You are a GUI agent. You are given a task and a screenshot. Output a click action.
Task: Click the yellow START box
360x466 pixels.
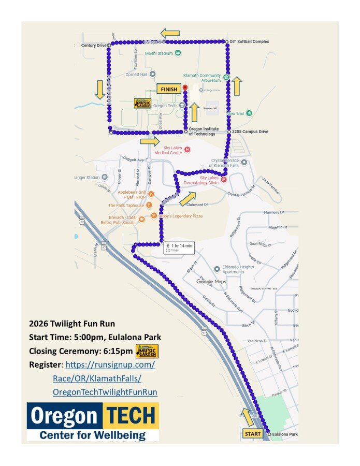pyautogui.click(x=253, y=433)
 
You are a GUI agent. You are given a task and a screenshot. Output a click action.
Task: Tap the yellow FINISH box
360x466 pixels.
pyautogui.click(x=169, y=89)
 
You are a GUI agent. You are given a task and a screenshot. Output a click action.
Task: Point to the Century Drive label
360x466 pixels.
pyautogui.click(x=94, y=46)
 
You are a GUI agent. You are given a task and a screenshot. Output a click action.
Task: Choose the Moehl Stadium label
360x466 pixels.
pyautogui.click(x=159, y=53)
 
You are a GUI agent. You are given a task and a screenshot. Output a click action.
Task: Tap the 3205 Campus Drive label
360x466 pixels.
pyautogui.click(x=250, y=132)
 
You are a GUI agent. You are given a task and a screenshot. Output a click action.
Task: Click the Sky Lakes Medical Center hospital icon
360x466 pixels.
pyautogui.click(x=188, y=150)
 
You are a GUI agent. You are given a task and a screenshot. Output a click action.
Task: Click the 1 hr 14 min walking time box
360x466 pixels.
pyautogui.click(x=179, y=247)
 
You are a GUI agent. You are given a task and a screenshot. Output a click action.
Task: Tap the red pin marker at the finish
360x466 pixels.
pyautogui.click(x=185, y=89)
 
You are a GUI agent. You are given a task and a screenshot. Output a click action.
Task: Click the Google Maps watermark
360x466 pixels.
pyautogui.click(x=211, y=282)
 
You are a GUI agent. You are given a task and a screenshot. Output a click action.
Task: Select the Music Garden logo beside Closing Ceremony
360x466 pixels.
pyautogui.click(x=147, y=352)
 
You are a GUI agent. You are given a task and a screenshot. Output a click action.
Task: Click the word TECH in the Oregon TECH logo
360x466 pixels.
pyautogui.click(x=132, y=415)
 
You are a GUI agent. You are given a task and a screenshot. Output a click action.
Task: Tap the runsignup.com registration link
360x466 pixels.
pyautogui.click(x=110, y=365)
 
